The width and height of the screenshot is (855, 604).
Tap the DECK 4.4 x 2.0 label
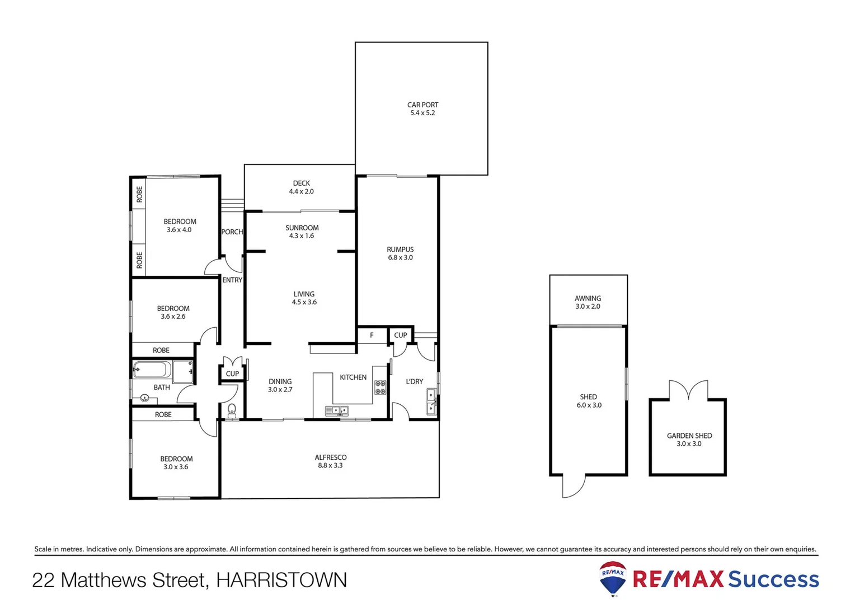[301, 187]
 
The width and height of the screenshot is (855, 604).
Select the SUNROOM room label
[302, 228]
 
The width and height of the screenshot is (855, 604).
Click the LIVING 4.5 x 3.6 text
[304, 298]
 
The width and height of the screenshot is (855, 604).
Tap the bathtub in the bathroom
[152, 370]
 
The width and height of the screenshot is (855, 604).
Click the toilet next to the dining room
[232, 410]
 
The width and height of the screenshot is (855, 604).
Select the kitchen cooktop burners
[380, 387]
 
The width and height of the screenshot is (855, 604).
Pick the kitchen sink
[337, 411]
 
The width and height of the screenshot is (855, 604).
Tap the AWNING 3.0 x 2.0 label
[588, 302]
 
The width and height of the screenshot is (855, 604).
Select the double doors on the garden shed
[688, 390]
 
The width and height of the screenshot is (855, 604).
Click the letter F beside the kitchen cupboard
[372, 335]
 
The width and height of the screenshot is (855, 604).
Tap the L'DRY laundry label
[414, 381]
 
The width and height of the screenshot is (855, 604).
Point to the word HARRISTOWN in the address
[281, 580]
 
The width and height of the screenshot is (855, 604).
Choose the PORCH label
[232, 232]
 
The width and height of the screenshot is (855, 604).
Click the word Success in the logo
[773, 579]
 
